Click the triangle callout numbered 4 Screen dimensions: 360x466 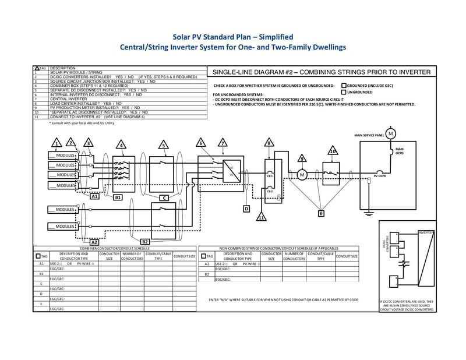[x=121, y=144]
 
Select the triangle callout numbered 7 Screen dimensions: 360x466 [x=222, y=143]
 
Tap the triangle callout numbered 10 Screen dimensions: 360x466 [x=333, y=151]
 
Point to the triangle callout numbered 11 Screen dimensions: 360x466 [x=262, y=217]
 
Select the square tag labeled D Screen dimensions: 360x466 [x=246, y=208]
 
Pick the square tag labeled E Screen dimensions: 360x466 [x=320, y=214]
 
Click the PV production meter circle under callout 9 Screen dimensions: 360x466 [x=302, y=174]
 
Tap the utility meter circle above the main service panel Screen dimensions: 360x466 [x=391, y=134]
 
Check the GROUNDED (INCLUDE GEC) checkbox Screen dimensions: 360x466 [x=343, y=85]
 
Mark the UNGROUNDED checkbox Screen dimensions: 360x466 [x=343, y=92]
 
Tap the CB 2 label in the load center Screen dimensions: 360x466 [x=270, y=191]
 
